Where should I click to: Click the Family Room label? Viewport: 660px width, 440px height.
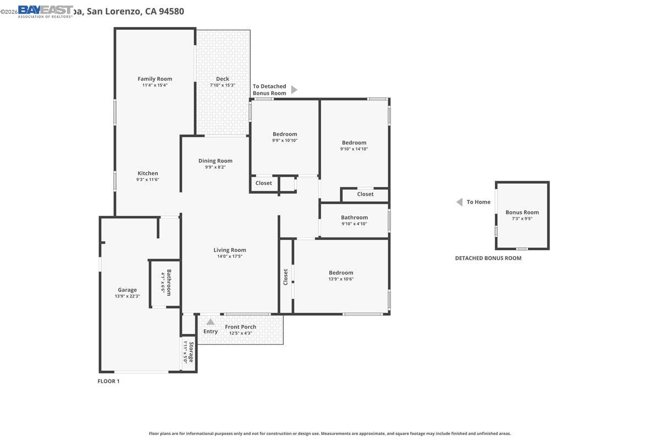tap(155, 79)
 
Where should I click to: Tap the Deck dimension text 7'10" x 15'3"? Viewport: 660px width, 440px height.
tap(222, 85)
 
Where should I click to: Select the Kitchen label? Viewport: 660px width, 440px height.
tap(147, 173)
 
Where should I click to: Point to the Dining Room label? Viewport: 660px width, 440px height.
tap(215, 161)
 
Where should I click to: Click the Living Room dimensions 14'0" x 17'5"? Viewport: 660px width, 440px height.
tap(229, 256)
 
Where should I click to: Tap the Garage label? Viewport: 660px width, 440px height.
tap(127, 290)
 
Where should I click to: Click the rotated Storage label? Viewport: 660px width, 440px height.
tap(191, 352)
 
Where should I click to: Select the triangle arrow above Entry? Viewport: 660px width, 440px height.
tap(210, 322)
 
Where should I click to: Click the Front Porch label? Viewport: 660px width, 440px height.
tap(240, 327)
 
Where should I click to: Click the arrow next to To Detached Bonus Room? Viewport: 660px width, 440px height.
tap(294, 90)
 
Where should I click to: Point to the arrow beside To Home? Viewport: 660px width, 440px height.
tap(459, 202)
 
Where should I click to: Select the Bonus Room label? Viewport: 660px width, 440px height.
tap(522, 212)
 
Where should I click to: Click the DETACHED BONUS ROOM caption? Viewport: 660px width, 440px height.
tap(488, 258)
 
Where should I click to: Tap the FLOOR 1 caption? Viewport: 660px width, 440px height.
tap(108, 381)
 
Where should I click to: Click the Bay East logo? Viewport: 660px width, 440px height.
tap(45, 11)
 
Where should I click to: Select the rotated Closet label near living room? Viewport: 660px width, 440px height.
tap(285, 277)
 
